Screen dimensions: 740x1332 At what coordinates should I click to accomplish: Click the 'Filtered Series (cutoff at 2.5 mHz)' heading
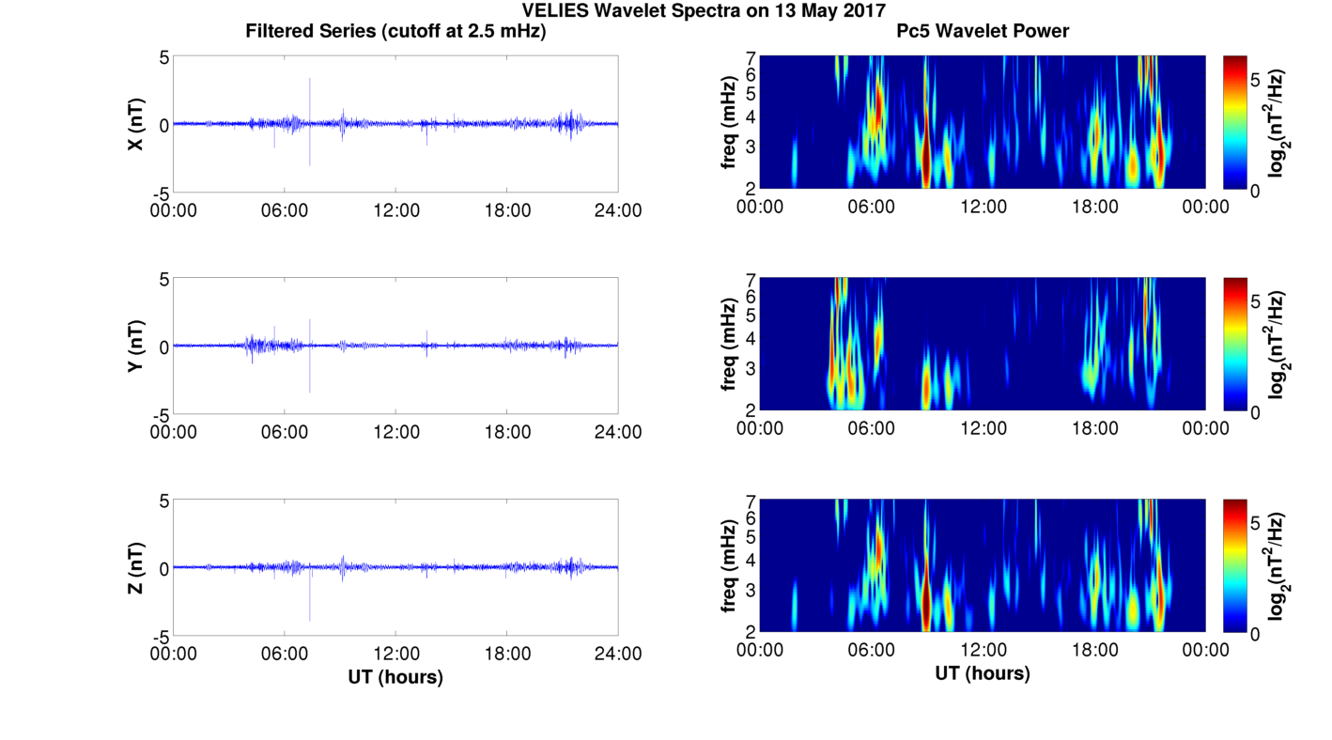pyautogui.click(x=395, y=31)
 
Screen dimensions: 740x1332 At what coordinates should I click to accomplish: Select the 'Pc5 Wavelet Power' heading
pyautogui.click(x=983, y=31)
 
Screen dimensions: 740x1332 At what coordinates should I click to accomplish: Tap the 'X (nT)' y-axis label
pyautogui.click(x=135, y=124)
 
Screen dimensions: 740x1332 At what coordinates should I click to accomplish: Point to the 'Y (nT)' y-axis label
pyautogui.click(x=135, y=346)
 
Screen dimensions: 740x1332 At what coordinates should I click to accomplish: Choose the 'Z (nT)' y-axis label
pyautogui.click(x=135, y=567)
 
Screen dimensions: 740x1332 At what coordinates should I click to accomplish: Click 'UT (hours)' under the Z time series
pyautogui.click(x=395, y=676)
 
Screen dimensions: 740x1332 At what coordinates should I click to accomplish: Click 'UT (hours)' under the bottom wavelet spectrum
pyautogui.click(x=983, y=673)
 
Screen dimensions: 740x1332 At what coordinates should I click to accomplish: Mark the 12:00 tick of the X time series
pyautogui.click(x=395, y=210)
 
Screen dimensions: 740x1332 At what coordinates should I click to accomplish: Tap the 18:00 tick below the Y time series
pyautogui.click(x=507, y=432)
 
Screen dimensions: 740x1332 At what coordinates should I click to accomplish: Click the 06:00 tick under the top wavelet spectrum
pyautogui.click(x=871, y=207)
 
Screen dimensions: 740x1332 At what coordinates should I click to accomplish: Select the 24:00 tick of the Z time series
pyautogui.click(x=618, y=654)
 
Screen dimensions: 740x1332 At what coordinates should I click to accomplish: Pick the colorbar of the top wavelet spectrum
pyautogui.click(x=1235, y=122)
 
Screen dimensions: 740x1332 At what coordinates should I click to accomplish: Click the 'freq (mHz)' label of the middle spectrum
pyautogui.click(x=728, y=346)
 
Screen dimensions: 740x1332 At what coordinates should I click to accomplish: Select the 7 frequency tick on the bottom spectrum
pyautogui.click(x=751, y=501)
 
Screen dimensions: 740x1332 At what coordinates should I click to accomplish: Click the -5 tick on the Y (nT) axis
pyautogui.click(x=161, y=414)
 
